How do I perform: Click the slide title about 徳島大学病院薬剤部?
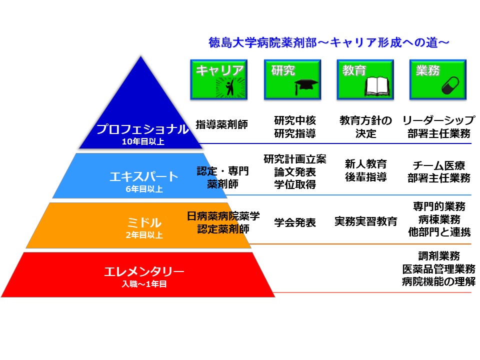click(328, 42)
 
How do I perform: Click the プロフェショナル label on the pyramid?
click(142, 129)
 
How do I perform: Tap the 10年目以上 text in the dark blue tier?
click(142, 141)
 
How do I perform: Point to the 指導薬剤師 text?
click(221, 125)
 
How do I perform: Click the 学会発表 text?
click(295, 222)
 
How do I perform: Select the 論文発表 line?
click(295, 172)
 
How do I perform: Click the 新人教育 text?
click(365, 163)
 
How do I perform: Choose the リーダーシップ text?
click(438, 120)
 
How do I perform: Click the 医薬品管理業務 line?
click(438, 268)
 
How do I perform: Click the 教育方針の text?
click(365, 120)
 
